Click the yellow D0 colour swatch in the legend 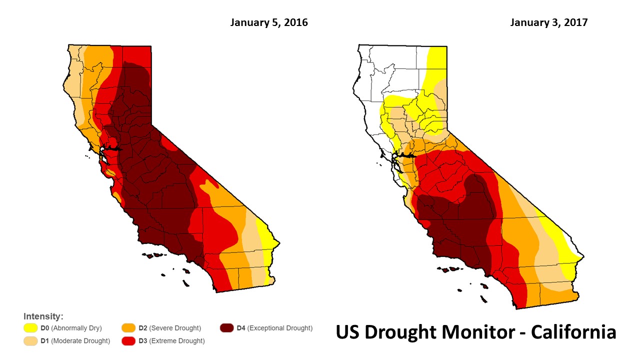tap(31, 328)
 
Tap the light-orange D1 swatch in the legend tap(31, 341)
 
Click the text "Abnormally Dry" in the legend tap(76, 328)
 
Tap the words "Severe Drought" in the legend tap(176, 328)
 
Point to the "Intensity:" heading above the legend tap(43, 316)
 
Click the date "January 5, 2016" tap(269, 23)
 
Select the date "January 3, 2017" tap(548, 23)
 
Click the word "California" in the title tap(566, 332)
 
